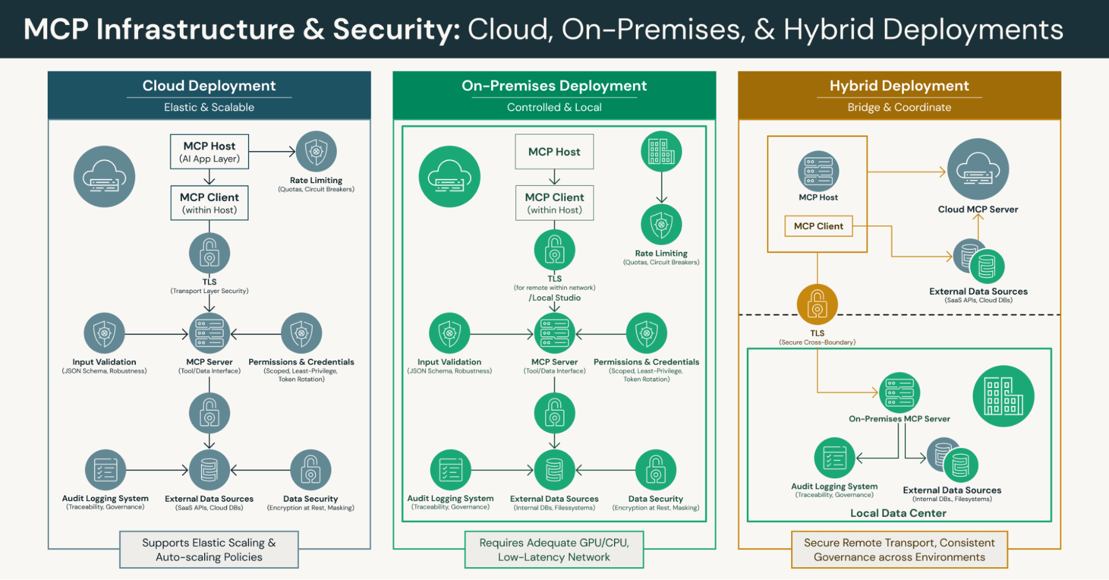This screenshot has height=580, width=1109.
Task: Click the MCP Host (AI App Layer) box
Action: click(x=209, y=152)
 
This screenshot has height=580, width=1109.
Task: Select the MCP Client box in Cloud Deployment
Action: click(x=209, y=203)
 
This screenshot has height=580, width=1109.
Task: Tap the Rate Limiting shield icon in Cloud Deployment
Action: click(x=316, y=151)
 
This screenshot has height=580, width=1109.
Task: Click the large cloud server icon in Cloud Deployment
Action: click(x=104, y=176)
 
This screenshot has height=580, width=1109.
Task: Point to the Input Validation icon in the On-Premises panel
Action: click(x=449, y=333)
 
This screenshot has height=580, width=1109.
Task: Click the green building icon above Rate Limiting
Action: click(x=661, y=152)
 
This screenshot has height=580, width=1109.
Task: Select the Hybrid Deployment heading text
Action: click(x=899, y=86)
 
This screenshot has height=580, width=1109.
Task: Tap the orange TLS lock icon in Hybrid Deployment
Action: click(x=817, y=304)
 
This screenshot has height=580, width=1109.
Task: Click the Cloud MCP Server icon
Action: click(x=978, y=169)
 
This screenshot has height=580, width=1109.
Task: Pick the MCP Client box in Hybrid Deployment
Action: click(x=818, y=226)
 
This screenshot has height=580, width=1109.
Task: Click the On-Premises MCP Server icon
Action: click(x=899, y=392)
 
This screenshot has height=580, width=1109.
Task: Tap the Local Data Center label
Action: click(x=898, y=513)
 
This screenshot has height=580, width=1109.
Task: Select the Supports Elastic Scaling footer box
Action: click(x=209, y=549)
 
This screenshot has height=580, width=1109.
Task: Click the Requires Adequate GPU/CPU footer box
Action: click(x=554, y=549)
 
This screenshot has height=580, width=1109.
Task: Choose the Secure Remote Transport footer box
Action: click(x=899, y=549)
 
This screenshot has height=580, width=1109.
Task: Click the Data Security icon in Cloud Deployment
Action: click(x=311, y=470)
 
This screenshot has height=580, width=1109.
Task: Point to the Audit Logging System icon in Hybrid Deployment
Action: click(x=834, y=458)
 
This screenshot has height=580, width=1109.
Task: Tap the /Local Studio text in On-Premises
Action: click(x=555, y=297)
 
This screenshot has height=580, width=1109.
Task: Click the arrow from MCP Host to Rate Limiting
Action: click(x=272, y=152)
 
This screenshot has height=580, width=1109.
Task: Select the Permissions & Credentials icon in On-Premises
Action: click(x=646, y=333)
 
